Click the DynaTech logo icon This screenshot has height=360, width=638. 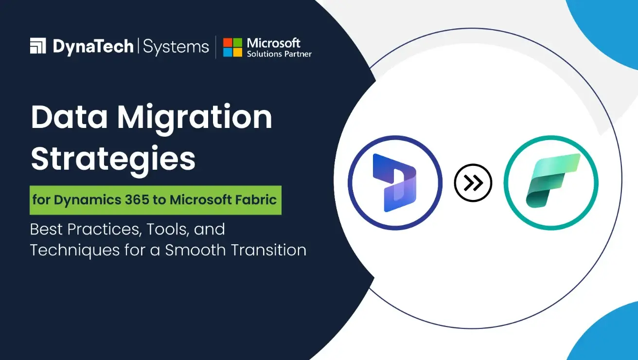pos(38,46)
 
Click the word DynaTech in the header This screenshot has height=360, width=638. pos(93,47)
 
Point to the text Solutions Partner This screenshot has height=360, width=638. pos(279,54)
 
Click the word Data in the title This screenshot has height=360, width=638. pos(68,118)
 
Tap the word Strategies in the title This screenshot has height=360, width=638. pos(113,159)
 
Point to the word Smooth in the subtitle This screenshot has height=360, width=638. pos(193,250)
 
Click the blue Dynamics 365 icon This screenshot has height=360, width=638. pos(395,183)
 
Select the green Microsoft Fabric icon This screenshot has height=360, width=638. pos(550,183)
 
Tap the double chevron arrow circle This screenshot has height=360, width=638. pos(473,183)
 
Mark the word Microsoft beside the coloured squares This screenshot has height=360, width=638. pos(274,43)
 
